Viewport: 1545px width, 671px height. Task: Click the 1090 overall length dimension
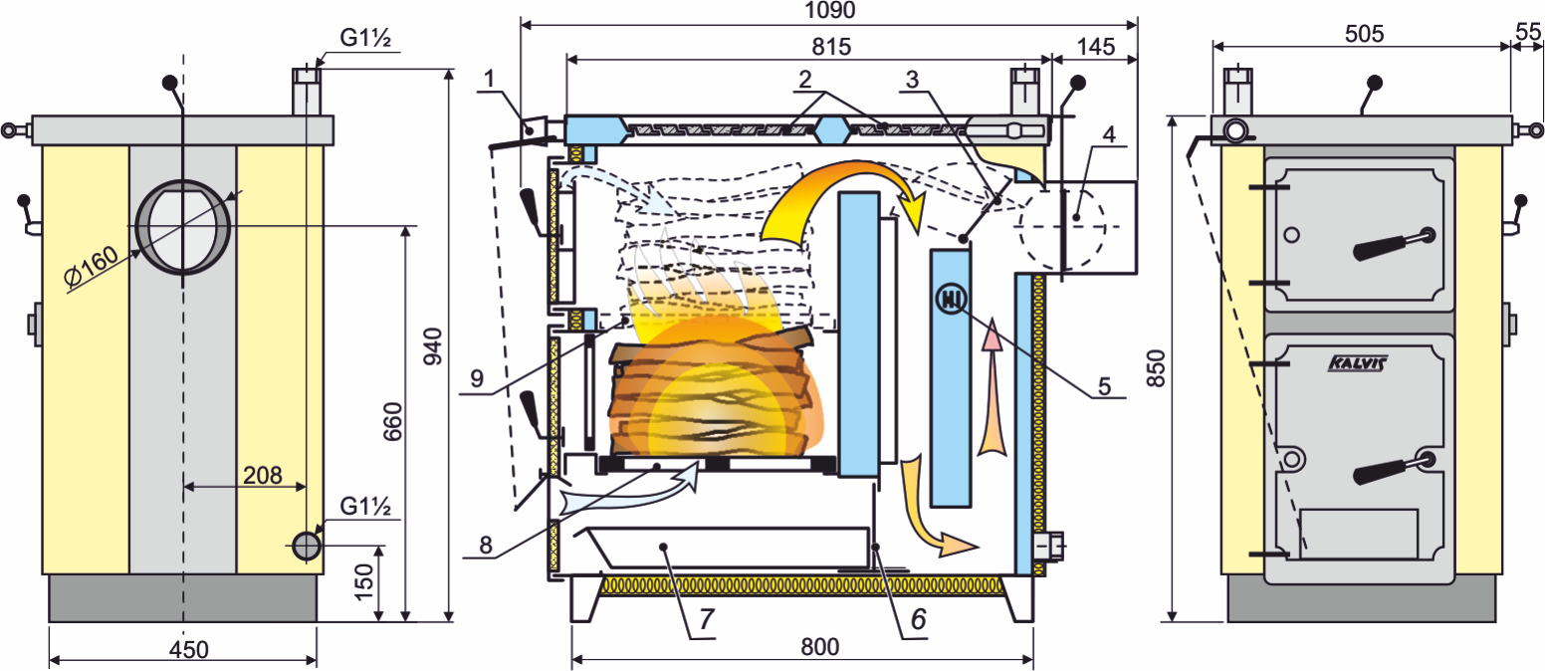click(x=830, y=10)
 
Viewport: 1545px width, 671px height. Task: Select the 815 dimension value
click(x=831, y=47)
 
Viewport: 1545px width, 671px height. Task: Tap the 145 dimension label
click(x=1095, y=47)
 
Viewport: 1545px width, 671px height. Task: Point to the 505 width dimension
click(x=1364, y=34)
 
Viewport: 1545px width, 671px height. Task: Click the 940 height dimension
click(x=432, y=346)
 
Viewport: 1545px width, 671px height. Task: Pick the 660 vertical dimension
click(x=392, y=421)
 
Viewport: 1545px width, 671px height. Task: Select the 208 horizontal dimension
click(x=263, y=475)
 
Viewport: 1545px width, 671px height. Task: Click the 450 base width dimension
click(x=188, y=650)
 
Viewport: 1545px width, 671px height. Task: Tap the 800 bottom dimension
click(x=819, y=647)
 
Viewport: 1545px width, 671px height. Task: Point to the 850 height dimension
click(x=1156, y=368)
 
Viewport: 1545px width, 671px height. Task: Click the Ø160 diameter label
click(x=91, y=266)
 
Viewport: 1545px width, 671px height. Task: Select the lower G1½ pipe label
click(x=365, y=507)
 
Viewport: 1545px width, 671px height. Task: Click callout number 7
click(x=706, y=619)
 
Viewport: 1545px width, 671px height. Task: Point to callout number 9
click(x=477, y=378)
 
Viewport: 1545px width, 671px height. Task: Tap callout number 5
click(x=1104, y=386)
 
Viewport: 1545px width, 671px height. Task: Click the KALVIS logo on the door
click(x=1357, y=362)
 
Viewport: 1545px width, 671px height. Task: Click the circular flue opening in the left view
click(x=183, y=227)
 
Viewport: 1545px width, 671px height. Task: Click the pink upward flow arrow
click(x=992, y=386)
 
